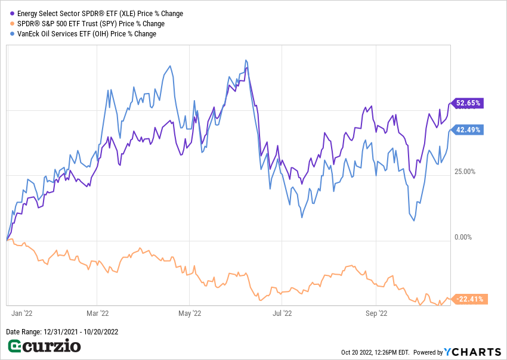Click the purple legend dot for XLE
click(13, 14)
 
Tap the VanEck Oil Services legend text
click(86, 34)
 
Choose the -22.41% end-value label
click(470, 299)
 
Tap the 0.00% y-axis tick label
click(463, 237)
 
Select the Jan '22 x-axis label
click(23, 313)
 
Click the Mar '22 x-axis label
click(97, 313)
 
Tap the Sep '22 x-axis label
click(376, 313)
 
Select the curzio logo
click(44, 346)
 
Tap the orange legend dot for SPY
click(13, 24)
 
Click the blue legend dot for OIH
click(13, 34)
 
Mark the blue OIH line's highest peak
click(246, 60)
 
